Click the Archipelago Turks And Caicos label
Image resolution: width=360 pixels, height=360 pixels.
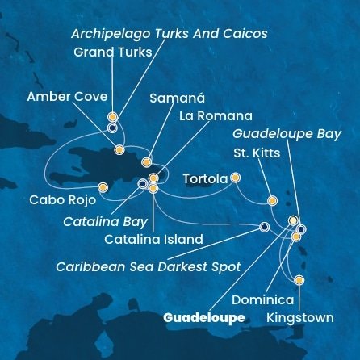169,34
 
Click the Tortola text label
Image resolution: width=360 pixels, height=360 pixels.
205,178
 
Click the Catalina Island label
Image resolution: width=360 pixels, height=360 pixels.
153,239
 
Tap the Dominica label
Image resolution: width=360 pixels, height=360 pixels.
262,300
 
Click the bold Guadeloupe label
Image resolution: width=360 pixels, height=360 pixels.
204,318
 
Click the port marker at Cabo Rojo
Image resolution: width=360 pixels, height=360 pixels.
103,187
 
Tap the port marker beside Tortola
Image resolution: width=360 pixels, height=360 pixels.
236,177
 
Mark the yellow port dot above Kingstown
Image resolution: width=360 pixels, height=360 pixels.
299,280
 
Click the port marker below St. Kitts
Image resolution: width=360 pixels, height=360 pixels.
273,201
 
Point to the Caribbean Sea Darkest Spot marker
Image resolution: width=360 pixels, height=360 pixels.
265,227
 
